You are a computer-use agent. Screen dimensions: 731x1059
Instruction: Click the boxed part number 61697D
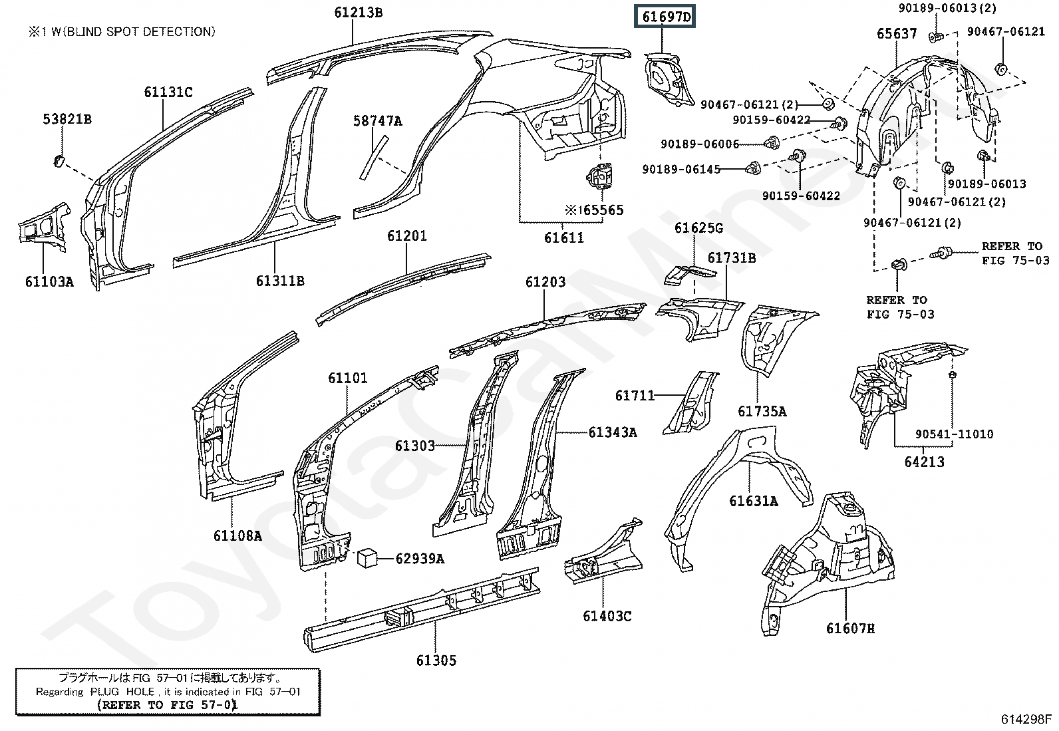[x=667, y=17]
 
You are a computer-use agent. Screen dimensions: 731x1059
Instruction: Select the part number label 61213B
[x=358, y=12]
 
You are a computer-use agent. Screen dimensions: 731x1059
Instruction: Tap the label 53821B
[x=67, y=119]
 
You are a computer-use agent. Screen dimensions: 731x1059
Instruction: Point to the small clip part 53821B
[x=58, y=160]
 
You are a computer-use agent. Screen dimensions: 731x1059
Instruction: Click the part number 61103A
[x=49, y=281]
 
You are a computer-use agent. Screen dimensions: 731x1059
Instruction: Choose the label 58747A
[x=377, y=121]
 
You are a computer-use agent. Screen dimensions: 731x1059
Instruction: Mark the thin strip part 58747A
[x=373, y=157]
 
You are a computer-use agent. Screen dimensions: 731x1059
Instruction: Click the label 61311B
[x=280, y=281]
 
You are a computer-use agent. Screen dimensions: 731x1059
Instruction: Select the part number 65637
[x=896, y=33]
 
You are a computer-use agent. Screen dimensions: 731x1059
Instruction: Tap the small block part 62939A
[x=368, y=558]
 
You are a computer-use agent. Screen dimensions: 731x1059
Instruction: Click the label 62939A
[x=420, y=559]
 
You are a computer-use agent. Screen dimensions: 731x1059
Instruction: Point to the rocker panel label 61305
[x=436, y=660]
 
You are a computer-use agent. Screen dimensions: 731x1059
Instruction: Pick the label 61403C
[x=607, y=616]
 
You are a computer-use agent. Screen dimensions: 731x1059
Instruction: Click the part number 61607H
[x=850, y=628]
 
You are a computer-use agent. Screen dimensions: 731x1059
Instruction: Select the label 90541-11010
[x=954, y=434]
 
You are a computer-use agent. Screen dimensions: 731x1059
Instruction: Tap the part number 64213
[x=924, y=461]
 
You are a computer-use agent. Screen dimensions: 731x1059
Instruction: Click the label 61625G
[x=698, y=228]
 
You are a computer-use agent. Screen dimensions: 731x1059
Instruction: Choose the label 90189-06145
[x=681, y=170]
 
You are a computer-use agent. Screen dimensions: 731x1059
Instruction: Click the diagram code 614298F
[x=1026, y=719]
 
